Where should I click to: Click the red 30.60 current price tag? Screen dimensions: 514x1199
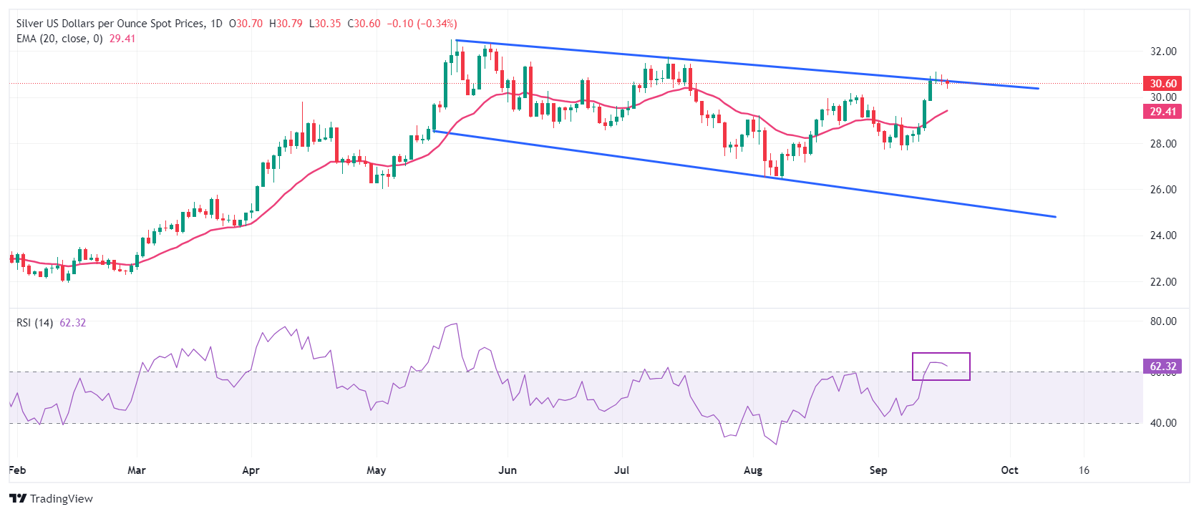[1162, 84]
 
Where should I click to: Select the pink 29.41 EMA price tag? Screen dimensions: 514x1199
[1162, 111]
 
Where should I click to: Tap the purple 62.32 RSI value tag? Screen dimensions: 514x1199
[1162, 367]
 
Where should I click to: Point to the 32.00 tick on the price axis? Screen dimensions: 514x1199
[1163, 52]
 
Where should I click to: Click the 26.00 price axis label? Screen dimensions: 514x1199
[1163, 190]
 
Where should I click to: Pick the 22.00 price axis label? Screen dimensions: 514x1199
[1163, 282]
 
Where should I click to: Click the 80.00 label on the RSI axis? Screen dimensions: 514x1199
[1163, 321]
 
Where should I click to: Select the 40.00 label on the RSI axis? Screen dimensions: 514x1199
[1163, 423]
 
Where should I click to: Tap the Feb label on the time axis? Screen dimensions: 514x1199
[17, 470]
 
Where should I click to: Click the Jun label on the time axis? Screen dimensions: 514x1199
[508, 470]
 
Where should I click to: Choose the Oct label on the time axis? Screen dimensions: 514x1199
[1009, 470]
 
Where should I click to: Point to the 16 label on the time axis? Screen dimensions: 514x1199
[1084, 470]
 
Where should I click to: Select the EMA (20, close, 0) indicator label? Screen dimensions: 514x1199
[59, 39]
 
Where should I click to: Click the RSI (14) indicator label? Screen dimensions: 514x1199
[34, 323]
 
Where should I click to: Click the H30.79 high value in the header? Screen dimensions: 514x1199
[286, 24]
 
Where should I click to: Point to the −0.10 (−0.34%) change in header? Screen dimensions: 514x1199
[422, 24]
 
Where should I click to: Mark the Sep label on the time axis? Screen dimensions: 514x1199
[878, 470]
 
